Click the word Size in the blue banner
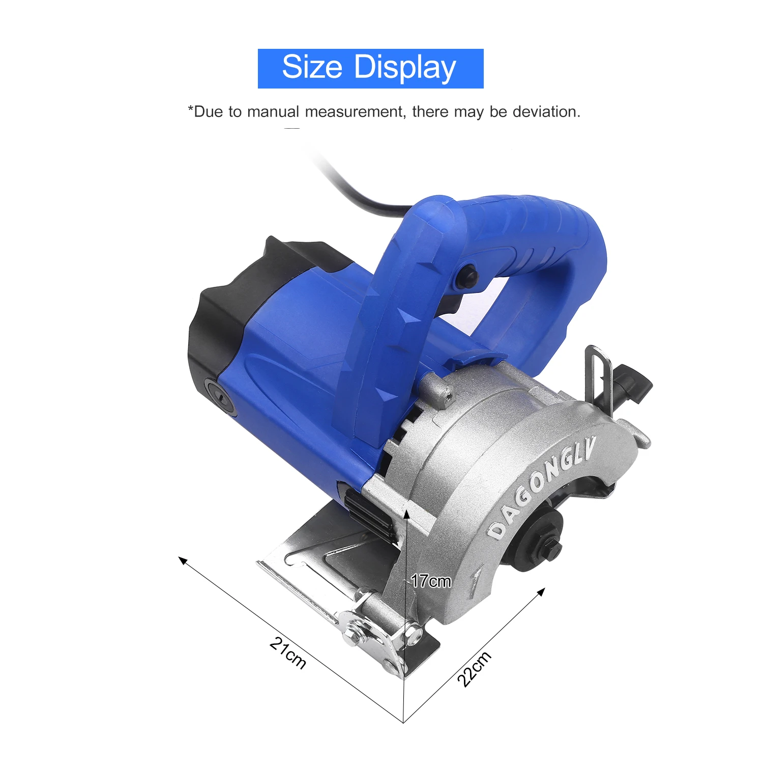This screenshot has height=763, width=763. [312, 67]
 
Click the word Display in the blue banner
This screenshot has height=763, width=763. [405, 68]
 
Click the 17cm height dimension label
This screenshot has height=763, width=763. [431, 581]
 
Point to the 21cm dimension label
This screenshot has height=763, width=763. [288, 653]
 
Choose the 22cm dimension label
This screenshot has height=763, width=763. [474, 668]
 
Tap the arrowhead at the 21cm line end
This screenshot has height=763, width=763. [182, 560]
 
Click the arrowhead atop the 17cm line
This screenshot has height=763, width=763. [406, 514]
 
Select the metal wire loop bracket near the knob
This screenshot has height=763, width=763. [599, 371]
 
